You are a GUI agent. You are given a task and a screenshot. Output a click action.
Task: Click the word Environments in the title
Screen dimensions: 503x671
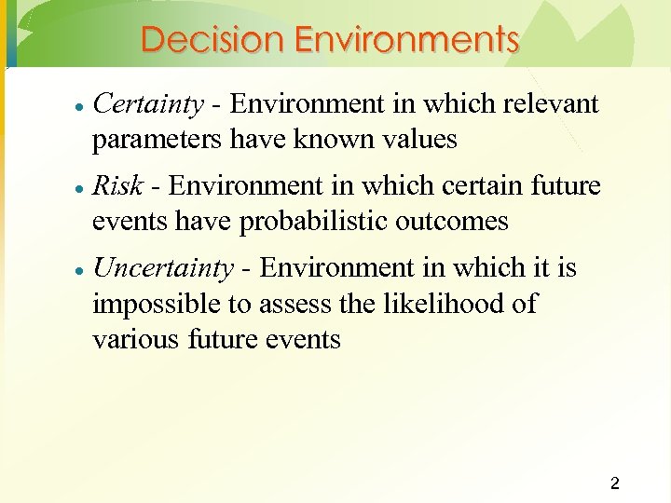click(x=406, y=40)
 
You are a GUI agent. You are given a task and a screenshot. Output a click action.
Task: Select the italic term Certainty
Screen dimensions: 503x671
click(x=148, y=104)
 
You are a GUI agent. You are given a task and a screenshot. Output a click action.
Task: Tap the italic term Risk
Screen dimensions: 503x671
click(x=118, y=186)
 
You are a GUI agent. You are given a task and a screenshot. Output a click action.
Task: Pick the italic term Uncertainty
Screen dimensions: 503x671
click(x=163, y=268)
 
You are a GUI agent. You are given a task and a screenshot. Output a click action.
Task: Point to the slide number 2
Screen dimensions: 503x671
click(x=614, y=483)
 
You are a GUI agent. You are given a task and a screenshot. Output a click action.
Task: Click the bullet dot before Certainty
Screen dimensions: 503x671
click(x=81, y=106)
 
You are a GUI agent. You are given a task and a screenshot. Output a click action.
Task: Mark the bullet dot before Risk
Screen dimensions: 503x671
click(x=81, y=188)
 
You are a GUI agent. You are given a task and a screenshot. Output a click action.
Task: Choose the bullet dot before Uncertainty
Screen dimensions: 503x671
click(x=81, y=270)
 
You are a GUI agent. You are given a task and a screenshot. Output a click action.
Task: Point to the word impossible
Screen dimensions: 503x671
click(x=152, y=305)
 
